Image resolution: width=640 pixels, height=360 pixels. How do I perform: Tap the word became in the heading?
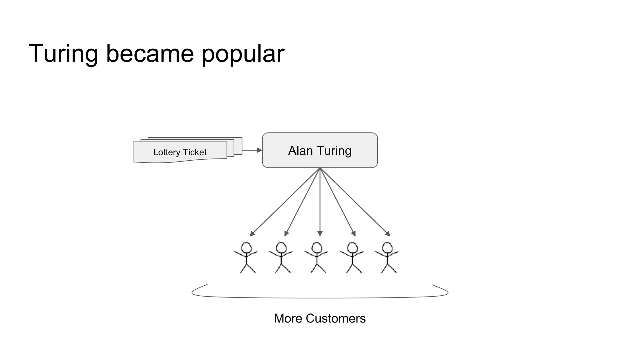point(150,54)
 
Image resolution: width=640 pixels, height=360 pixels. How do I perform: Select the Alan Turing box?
point(320,150)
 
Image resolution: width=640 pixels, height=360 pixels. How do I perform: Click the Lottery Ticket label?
point(180,152)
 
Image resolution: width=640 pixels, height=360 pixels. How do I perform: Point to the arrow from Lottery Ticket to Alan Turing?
point(252,150)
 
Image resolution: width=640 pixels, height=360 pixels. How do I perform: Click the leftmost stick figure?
point(246,258)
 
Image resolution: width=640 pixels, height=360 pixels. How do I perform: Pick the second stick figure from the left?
point(281,258)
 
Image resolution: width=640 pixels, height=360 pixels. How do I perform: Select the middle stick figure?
point(317,258)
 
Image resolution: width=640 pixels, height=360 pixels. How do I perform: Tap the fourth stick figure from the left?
point(352,258)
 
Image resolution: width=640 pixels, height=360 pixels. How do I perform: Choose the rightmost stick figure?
point(387,258)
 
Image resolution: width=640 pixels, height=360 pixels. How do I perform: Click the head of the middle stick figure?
point(317,247)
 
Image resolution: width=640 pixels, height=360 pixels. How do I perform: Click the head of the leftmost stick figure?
point(246,247)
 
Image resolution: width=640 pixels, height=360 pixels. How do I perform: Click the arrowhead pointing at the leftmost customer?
point(252,234)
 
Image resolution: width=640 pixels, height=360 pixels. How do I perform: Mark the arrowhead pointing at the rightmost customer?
point(388,234)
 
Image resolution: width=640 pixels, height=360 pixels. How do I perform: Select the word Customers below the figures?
point(336,318)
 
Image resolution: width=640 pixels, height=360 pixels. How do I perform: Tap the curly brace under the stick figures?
point(320,297)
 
